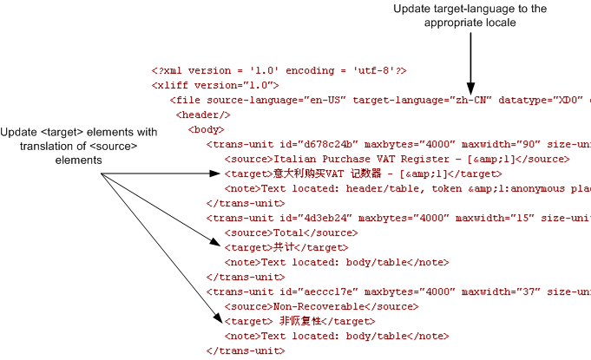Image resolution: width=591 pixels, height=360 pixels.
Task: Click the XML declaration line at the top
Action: point(279,70)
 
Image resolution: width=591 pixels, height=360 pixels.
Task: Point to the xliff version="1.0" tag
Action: point(215,85)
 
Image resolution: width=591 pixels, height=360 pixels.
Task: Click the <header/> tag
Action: point(203,115)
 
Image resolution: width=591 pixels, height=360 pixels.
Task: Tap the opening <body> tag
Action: point(207,129)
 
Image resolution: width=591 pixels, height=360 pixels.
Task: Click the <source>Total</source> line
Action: point(277,232)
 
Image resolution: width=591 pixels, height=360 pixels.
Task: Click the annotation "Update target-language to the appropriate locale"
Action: point(470,16)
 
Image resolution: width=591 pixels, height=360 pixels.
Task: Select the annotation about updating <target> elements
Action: point(79,146)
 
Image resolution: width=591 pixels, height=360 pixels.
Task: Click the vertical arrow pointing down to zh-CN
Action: point(470,61)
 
